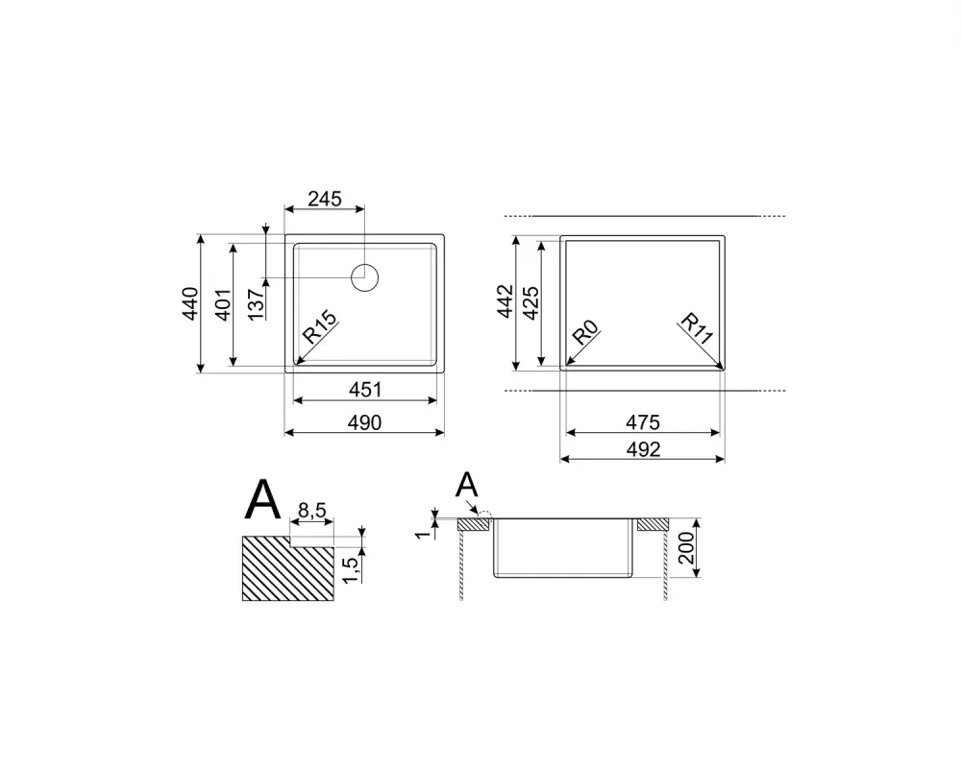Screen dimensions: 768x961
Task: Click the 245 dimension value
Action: pyautogui.click(x=325, y=199)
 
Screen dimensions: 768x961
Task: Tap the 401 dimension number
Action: pyautogui.click(x=224, y=304)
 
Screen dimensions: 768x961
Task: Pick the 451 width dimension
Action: pyautogui.click(x=365, y=390)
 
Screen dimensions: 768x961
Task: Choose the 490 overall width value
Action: pyautogui.click(x=365, y=422)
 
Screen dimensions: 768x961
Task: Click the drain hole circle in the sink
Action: pyautogui.click(x=365, y=277)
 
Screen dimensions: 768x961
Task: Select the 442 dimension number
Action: pyautogui.click(x=506, y=303)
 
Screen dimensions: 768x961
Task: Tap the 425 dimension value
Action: pyautogui.click(x=531, y=303)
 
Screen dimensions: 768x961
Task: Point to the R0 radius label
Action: pyautogui.click(x=586, y=335)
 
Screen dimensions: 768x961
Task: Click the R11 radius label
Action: pyautogui.click(x=697, y=328)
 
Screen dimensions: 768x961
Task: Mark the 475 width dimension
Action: pyautogui.click(x=642, y=421)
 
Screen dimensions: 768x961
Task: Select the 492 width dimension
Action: pyautogui.click(x=642, y=449)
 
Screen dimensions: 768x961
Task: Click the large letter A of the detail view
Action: pyautogui.click(x=263, y=499)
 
